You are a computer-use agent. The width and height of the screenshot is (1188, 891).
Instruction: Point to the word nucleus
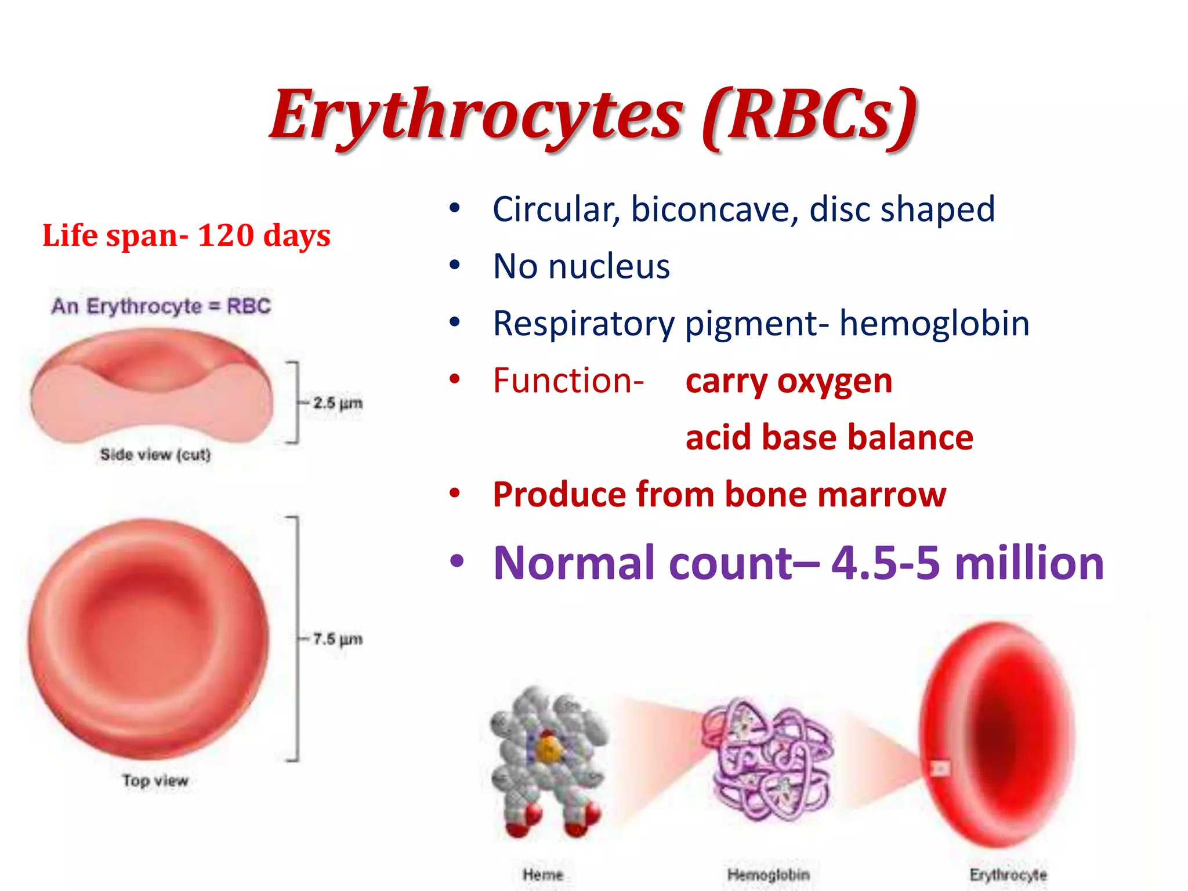(x=609, y=266)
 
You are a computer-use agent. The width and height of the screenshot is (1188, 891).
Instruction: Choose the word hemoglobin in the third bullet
(x=934, y=323)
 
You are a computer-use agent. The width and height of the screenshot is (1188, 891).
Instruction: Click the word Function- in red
(x=568, y=381)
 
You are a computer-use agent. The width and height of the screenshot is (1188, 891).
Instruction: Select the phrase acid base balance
(x=829, y=437)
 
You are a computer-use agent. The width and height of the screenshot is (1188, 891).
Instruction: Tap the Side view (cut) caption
(x=155, y=454)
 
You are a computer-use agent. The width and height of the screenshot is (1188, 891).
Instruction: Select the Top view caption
(x=155, y=780)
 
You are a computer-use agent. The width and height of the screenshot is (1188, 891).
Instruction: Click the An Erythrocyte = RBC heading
(x=161, y=306)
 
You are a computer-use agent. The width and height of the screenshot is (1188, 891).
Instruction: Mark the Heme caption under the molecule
(x=542, y=874)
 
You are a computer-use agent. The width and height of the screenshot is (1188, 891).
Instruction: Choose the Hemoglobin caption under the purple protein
(x=768, y=874)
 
